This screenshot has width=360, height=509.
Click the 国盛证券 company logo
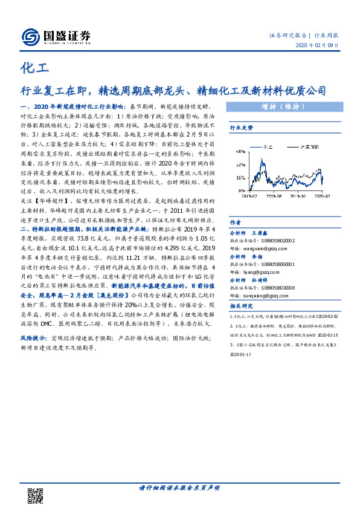tap(56, 37)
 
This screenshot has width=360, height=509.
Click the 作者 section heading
tap(235, 221)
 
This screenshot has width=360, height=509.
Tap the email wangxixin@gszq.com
tap(261, 247)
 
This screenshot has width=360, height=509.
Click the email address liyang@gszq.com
tap(256, 272)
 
